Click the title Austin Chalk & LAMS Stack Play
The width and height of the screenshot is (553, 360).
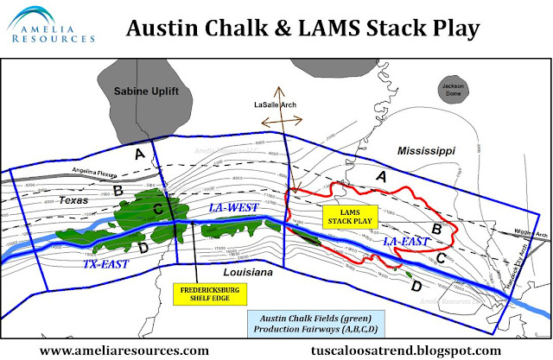(x=302, y=28)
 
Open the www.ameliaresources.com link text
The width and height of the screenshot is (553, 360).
(x=124, y=350)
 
